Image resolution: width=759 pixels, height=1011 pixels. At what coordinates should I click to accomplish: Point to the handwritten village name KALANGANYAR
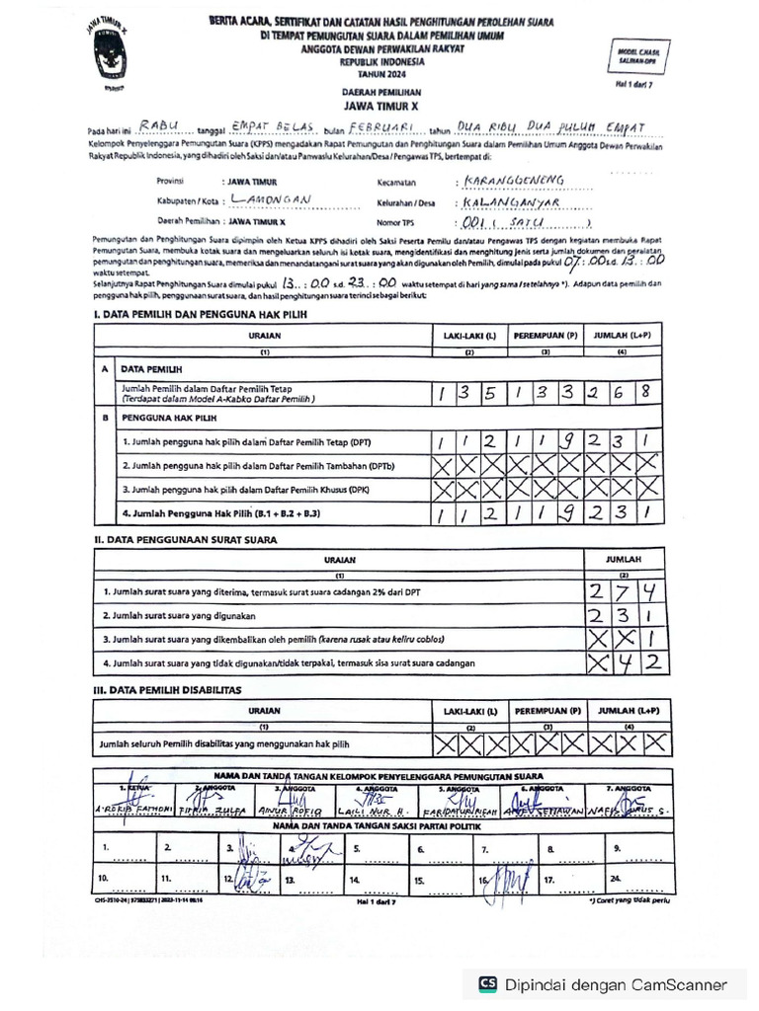[x=512, y=202]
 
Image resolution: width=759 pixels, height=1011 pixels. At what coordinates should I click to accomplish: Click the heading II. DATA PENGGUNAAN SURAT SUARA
[x=185, y=539]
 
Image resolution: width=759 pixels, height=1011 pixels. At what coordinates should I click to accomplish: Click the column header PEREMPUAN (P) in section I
[x=545, y=337]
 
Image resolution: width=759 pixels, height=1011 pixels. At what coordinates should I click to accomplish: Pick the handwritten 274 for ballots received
[x=623, y=592]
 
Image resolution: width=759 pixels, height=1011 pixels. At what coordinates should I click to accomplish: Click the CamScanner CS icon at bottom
[x=487, y=983]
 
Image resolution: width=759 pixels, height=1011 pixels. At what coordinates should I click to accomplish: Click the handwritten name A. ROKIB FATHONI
[x=137, y=810]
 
